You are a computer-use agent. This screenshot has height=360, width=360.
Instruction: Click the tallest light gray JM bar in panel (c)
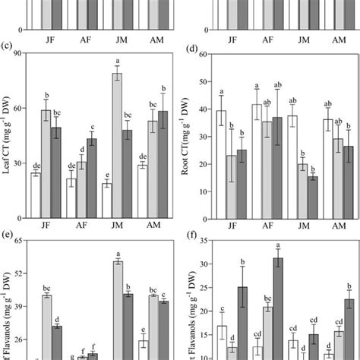(118, 136)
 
